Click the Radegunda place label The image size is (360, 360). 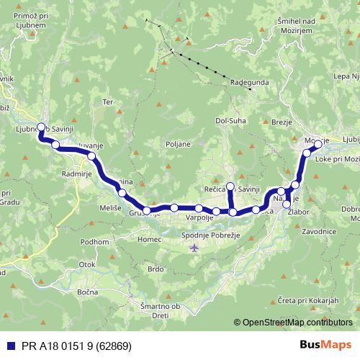tap(250, 83)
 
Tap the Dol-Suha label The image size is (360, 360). tap(230, 121)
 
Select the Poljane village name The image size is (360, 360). tap(178, 144)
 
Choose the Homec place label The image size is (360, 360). tap(150, 239)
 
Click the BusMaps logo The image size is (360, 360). tap(325, 346)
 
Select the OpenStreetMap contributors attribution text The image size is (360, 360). tap(295, 322)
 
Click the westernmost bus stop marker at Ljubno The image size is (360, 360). tap(41, 127)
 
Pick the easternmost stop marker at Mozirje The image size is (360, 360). tap(318, 144)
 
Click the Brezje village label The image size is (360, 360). tap(282, 123)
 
